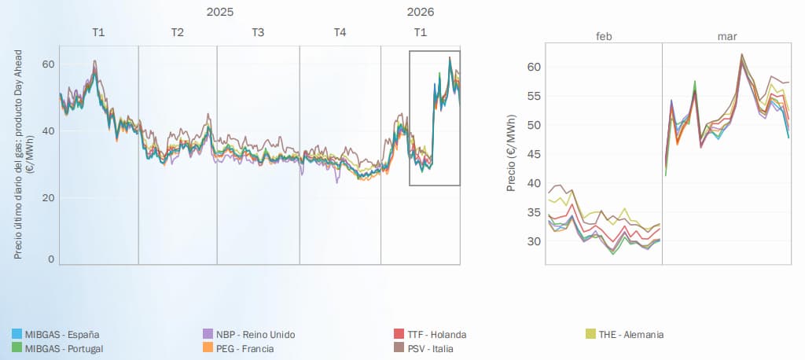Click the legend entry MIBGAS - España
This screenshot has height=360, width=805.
point(56,334)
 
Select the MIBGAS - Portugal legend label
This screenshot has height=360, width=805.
point(57,349)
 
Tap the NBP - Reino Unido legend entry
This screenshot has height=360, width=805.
point(249,334)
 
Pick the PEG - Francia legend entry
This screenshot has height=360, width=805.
point(238,349)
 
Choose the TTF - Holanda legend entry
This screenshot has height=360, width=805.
point(429,334)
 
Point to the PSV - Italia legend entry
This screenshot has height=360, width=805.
point(422,349)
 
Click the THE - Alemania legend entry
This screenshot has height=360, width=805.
point(625,334)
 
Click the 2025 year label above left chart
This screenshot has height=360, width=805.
point(220,12)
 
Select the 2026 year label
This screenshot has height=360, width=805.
point(421,12)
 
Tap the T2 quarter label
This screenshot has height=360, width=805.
point(177,32)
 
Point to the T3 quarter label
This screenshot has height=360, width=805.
point(258,32)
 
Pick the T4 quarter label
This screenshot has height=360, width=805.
point(340,32)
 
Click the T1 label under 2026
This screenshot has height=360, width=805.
point(421,32)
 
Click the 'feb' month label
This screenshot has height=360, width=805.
point(603,37)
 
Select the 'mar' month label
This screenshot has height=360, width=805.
point(726,37)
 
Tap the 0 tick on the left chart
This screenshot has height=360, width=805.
point(51,260)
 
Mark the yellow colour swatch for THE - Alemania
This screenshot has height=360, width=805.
point(590,334)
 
